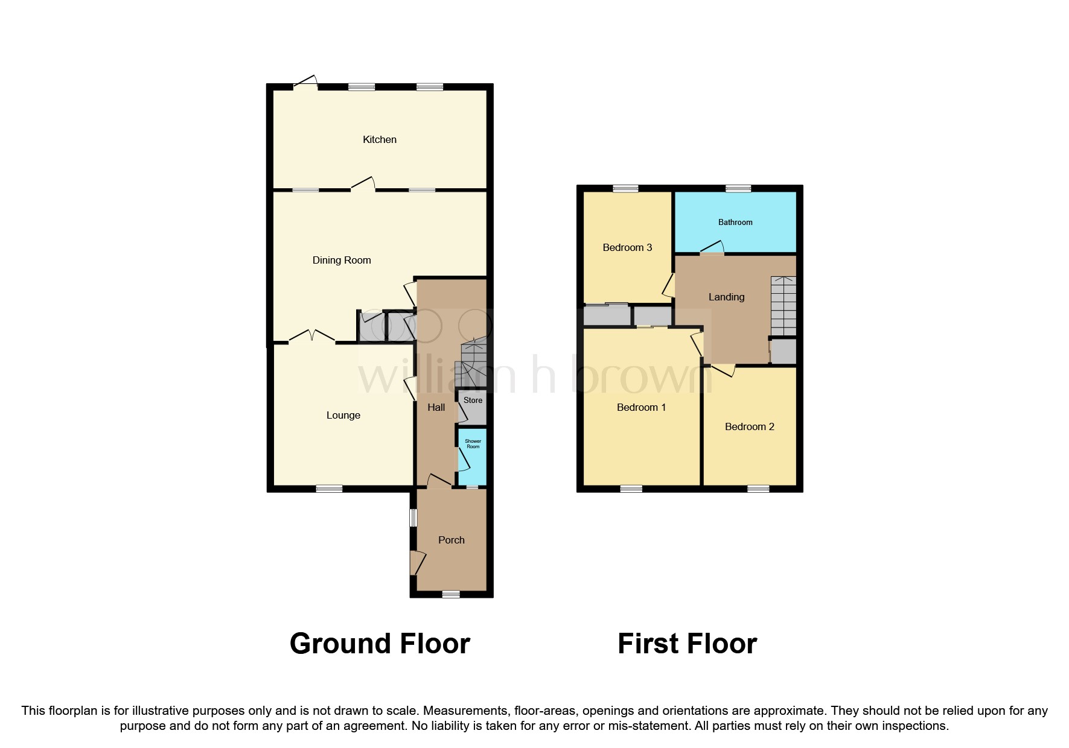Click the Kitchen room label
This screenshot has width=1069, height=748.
click(x=380, y=139)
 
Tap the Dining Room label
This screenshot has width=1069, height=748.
click(x=342, y=261)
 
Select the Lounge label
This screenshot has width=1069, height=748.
click(x=343, y=415)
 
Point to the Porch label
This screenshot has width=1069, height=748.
click(x=452, y=540)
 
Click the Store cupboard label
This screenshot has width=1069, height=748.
click(x=473, y=400)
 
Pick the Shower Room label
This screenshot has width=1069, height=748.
click(x=473, y=444)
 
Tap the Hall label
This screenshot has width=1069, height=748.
click(x=436, y=407)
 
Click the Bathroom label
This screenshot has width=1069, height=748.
click(x=735, y=222)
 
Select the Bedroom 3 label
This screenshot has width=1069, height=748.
click(x=628, y=247)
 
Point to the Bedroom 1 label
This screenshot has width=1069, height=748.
click(x=642, y=407)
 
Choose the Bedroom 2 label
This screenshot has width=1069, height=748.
click(x=750, y=426)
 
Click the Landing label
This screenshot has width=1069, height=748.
click(x=727, y=297)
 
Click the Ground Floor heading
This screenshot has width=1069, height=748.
click(x=380, y=644)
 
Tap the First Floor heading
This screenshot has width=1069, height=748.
click(x=688, y=644)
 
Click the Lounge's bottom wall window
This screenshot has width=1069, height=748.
click(x=329, y=489)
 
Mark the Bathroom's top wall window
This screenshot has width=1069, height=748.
click(x=738, y=189)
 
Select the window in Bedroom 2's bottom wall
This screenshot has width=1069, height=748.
click(x=759, y=489)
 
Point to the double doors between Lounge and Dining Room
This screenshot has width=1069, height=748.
click(x=311, y=336)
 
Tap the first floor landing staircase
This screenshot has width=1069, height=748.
click(x=783, y=306)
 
